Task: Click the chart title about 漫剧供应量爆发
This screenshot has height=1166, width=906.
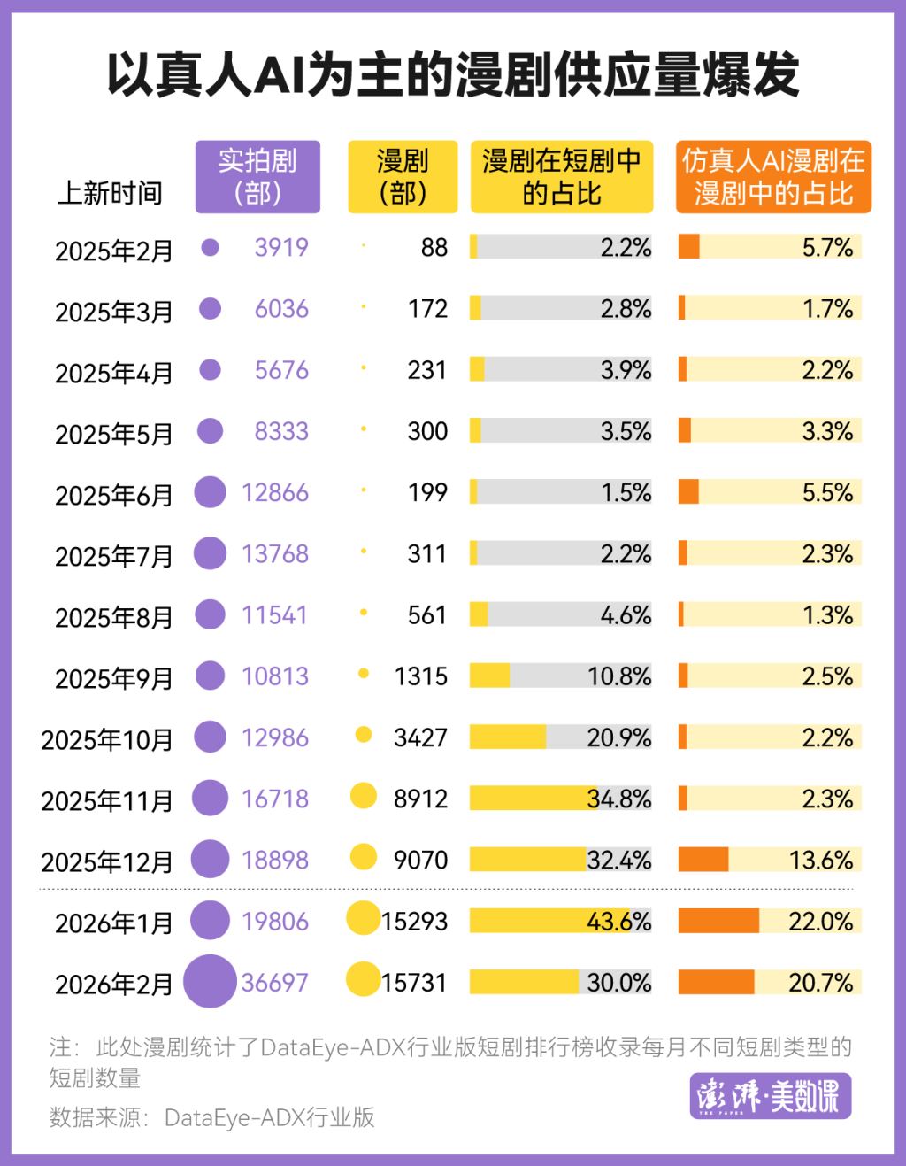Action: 453,75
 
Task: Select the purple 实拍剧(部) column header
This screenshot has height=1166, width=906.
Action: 257,177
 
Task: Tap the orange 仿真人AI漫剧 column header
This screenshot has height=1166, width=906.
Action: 773,177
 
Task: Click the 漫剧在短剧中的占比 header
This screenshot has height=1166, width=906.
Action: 562,177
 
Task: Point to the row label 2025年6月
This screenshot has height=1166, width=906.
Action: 113,495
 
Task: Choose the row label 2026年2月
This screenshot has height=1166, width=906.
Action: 113,984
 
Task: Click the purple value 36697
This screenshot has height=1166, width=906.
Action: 274,983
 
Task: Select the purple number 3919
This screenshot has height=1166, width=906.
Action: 281,247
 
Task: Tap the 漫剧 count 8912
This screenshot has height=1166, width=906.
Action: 420,799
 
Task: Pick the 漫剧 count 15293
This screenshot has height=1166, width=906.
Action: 414,922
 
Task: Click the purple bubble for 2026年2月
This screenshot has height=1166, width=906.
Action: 210,981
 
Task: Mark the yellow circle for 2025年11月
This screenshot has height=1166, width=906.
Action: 364,797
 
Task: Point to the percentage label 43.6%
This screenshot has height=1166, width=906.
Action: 618,922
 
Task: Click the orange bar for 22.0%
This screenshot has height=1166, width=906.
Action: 718,921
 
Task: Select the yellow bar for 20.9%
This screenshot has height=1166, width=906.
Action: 507,737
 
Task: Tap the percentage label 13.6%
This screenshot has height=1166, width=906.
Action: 820,860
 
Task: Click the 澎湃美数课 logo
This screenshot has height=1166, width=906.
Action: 770,1096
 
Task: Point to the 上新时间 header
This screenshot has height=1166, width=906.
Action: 110,192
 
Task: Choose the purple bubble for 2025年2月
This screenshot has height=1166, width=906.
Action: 210,247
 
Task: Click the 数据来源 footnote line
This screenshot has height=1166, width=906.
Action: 212,1117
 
